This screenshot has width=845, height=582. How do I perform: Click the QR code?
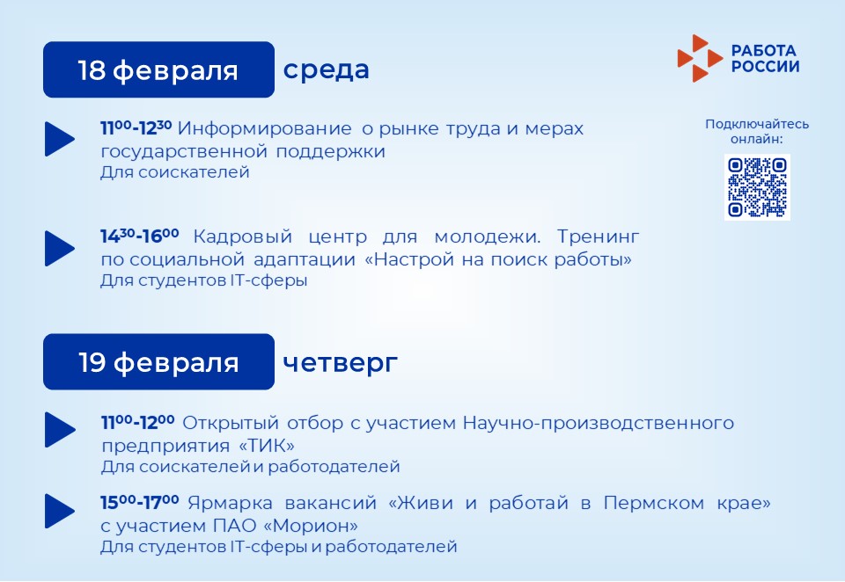[757, 187]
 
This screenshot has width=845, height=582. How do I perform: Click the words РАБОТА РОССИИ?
[765, 59]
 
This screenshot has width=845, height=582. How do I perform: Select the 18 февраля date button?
[158, 69]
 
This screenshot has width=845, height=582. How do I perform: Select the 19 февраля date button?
[158, 362]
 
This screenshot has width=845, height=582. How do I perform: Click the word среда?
[326, 70]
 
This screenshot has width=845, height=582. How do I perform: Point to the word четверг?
[340, 363]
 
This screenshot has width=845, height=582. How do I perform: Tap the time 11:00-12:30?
[136, 127]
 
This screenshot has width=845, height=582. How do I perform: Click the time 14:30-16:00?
[140, 236]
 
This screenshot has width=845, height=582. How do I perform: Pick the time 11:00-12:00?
[137, 422]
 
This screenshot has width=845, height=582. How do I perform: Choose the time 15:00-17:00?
[140, 502]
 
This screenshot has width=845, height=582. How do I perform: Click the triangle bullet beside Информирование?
[59, 139]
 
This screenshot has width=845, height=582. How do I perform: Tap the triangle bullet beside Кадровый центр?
[59, 248]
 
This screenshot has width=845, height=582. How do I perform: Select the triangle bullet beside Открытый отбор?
[60, 430]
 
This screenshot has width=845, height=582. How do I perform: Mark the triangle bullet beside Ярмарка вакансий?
[59, 511]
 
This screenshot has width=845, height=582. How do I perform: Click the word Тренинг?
[599, 236]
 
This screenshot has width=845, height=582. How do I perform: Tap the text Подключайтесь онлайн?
[757, 131]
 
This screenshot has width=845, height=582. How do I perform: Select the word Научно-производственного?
[599, 423]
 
